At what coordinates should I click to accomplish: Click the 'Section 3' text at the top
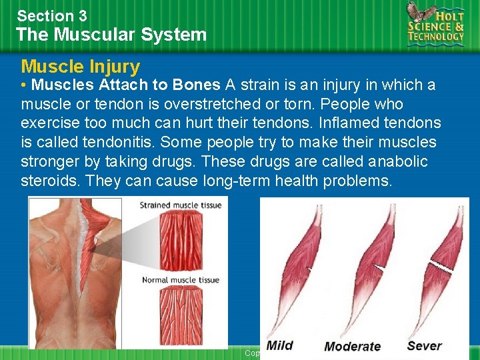point(52,15)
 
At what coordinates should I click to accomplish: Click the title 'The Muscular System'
point(111,35)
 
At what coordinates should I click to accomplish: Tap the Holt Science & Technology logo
point(436,25)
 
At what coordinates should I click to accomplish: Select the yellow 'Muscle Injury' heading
point(81,67)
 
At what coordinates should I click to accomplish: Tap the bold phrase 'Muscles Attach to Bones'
point(126,85)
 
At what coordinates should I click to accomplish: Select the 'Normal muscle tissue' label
point(180,280)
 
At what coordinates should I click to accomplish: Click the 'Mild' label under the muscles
point(279,345)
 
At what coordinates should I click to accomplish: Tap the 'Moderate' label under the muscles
point(352,346)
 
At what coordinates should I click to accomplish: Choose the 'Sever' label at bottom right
point(425,345)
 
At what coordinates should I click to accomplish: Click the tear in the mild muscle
point(309,269)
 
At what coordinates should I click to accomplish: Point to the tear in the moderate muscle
point(378,268)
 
